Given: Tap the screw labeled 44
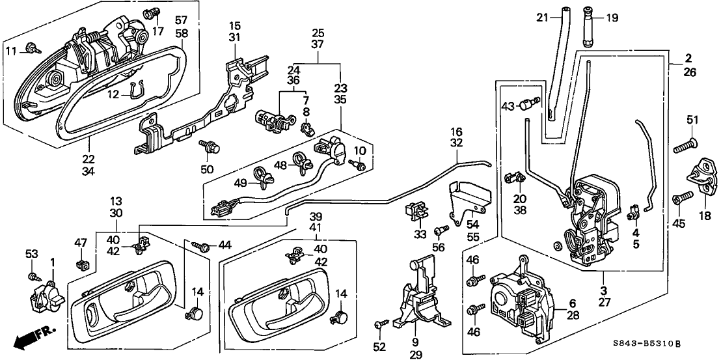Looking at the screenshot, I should [x=203, y=247].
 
